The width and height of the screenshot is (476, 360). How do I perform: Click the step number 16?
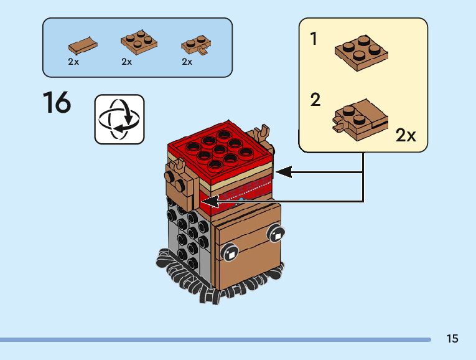coord(57,103)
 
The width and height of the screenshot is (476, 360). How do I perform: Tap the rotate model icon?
coord(119,120)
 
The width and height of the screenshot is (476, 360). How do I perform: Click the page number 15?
coord(452,339)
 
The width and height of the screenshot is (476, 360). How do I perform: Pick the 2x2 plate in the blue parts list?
coord(138,42)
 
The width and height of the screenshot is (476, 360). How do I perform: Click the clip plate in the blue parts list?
coord(195,45)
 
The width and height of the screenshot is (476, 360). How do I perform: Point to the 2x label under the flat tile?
coord(73,62)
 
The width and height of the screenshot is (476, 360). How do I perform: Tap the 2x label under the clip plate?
coord(187,62)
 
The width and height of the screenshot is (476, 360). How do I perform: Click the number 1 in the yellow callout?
coord(314,39)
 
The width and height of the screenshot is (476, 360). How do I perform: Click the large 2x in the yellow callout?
coord(406,135)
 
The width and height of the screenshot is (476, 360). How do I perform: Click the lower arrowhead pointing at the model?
coord(207,201)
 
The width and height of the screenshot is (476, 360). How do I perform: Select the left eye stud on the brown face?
coord(230,253)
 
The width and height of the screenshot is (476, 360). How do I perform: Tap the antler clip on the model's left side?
coord(178,167)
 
